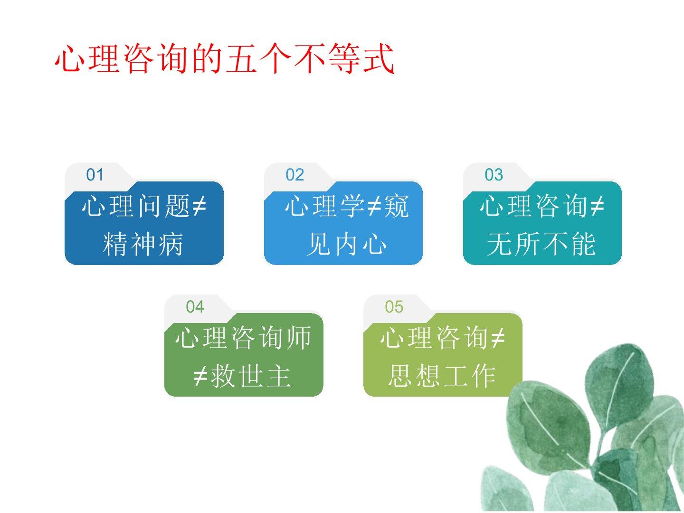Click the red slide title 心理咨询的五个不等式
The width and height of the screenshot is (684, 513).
(224, 58)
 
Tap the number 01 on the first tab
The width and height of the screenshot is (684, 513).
(95, 175)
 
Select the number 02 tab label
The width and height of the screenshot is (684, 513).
(294, 175)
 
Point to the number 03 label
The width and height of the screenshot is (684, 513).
(494, 175)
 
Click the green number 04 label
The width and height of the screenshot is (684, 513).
(195, 307)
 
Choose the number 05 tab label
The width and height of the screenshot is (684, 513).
(394, 307)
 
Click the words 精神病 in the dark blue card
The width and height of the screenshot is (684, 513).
(142, 244)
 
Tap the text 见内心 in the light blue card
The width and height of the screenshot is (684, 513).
(346, 244)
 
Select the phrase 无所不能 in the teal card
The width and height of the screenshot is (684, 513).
(541, 244)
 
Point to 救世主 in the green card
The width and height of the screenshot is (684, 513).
(251, 376)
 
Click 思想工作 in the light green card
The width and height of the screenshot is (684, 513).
(442, 376)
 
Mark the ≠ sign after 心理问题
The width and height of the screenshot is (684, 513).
(199, 206)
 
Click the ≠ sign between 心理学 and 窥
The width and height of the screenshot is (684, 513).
(374, 206)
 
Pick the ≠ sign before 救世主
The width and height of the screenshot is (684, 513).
(201, 376)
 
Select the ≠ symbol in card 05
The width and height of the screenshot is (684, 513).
(498, 338)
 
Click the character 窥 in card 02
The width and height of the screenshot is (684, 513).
(396, 206)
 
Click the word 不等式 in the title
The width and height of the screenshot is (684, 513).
(343, 58)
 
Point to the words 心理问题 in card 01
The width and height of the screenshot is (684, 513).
(136, 206)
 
